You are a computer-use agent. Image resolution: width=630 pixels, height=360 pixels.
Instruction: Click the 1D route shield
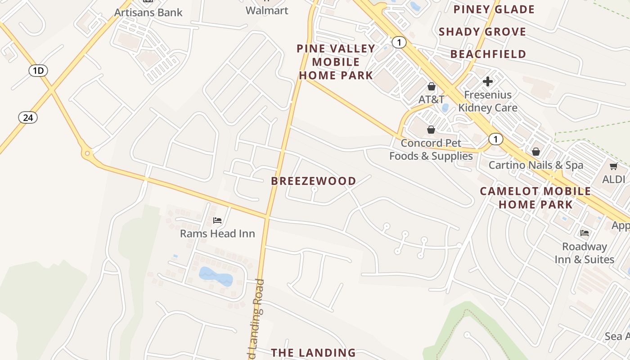click(x=38, y=70)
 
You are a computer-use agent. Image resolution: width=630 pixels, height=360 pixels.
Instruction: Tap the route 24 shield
click(x=28, y=117)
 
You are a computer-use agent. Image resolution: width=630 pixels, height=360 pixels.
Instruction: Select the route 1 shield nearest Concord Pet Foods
click(x=495, y=139)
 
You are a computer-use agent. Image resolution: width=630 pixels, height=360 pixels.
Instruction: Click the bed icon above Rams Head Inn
click(x=217, y=220)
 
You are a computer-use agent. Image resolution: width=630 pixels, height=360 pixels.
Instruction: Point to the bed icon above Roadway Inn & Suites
click(x=585, y=233)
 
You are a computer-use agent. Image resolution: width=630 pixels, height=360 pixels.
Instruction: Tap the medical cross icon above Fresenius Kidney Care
click(x=488, y=81)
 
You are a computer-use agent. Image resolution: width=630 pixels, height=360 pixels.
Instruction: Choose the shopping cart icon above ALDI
click(x=613, y=166)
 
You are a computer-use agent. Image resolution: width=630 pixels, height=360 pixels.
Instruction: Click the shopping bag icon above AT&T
click(x=431, y=86)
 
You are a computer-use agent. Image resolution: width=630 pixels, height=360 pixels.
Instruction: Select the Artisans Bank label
click(x=148, y=12)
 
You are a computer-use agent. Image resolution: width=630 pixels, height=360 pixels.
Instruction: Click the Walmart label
click(x=267, y=10)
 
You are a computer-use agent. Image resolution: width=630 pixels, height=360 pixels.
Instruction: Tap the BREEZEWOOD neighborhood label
click(x=314, y=181)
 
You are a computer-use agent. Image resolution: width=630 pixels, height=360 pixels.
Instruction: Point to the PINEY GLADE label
click(x=494, y=9)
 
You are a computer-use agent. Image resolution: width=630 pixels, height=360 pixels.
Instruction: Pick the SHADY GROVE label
click(x=482, y=31)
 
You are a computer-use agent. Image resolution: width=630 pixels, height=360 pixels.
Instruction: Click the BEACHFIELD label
click(x=488, y=54)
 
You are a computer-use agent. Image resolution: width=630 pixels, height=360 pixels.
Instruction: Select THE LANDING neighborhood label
click(x=313, y=352)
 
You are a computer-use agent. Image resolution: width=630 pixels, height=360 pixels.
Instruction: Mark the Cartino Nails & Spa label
click(x=536, y=165)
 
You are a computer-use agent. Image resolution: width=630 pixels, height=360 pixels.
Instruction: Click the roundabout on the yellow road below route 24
click(x=87, y=154)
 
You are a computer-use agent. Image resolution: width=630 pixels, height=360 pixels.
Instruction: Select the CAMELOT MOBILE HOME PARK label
click(x=535, y=198)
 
